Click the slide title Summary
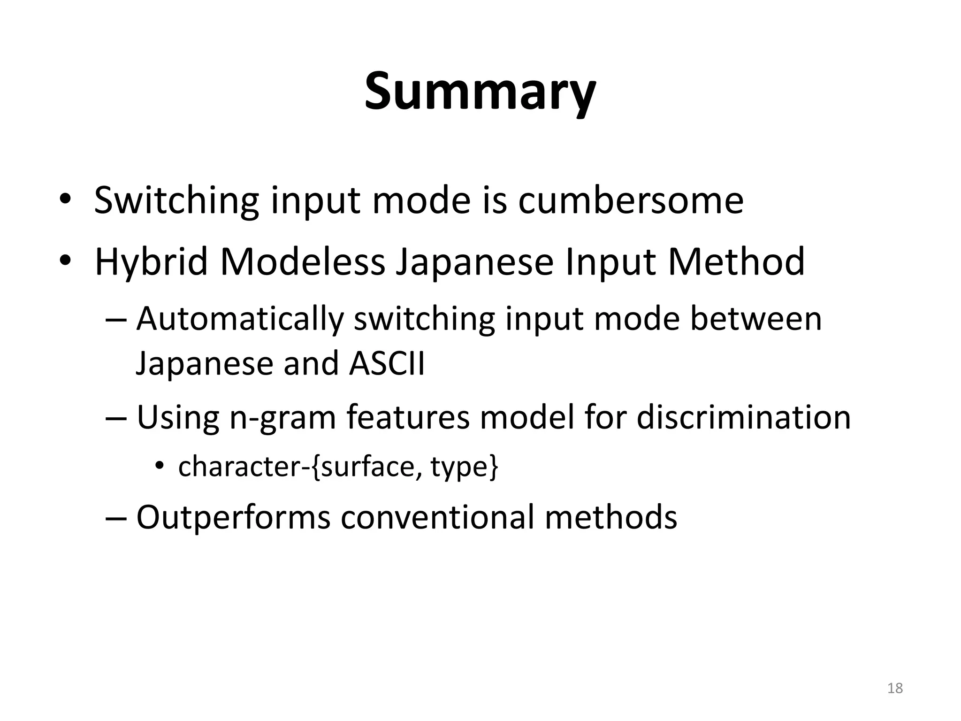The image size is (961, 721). pos(480,92)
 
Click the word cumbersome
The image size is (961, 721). pos(631,200)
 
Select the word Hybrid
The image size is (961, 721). pos(151,262)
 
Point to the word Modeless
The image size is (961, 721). pos(302,261)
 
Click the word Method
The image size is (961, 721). pos(736,261)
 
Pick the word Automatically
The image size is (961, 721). pos(240,319)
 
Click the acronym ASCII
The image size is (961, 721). pos(387,364)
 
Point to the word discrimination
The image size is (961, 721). pos(743,417)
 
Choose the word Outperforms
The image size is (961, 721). pos(233,517)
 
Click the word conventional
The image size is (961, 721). pos(437,517)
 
